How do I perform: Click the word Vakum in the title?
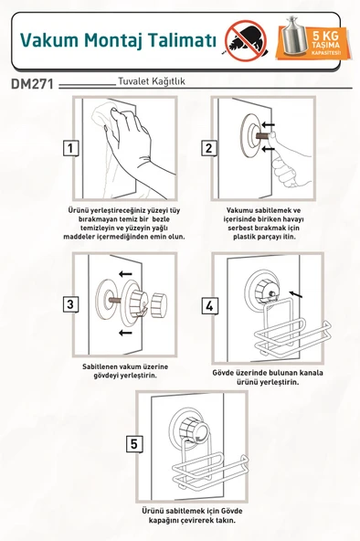click(x=49, y=39)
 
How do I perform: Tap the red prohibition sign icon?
click(x=246, y=41)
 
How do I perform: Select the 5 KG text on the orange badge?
click(x=325, y=35)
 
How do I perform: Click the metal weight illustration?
click(x=295, y=36)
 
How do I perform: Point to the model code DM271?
click(x=32, y=84)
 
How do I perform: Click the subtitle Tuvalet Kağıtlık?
click(x=152, y=81)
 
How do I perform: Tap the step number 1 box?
click(x=70, y=148)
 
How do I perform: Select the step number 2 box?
click(x=209, y=148)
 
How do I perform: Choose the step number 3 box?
click(x=70, y=304)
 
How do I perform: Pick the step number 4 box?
click(x=209, y=306)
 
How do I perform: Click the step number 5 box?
click(x=134, y=443)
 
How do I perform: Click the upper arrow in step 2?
click(x=269, y=124)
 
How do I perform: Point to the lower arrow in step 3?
click(x=125, y=333)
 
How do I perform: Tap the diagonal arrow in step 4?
click(x=296, y=294)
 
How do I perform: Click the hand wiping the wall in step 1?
click(x=132, y=145)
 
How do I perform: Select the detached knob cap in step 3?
click(x=159, y=304)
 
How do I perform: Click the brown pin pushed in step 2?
click(x=262, y=136)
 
